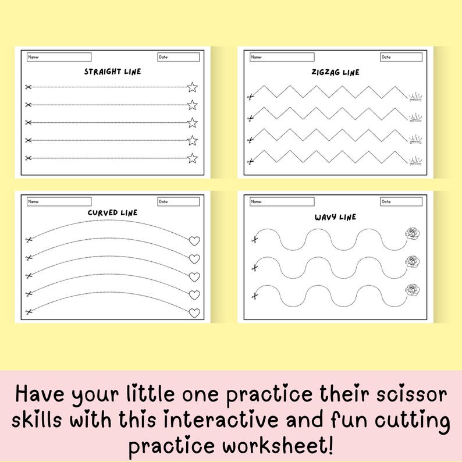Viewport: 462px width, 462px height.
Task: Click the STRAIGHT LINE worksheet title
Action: click(112, 72)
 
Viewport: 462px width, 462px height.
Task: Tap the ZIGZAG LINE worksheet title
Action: click(335, 72)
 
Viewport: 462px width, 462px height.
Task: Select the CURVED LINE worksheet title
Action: click(112, 212)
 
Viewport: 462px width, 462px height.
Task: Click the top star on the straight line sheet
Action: click(192, 87)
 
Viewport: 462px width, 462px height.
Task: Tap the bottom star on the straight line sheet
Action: click(192, 158)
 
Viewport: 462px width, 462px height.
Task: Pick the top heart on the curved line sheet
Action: click(194, 241)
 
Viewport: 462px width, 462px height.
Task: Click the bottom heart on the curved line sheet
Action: click(194, 313)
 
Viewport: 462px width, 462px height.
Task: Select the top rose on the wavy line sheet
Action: click(412, 234)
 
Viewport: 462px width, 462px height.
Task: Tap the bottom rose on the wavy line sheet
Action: click(412, 290)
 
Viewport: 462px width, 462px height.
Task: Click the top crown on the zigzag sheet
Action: click(416, 97)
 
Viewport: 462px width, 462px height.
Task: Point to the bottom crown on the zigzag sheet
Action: click(416, 161)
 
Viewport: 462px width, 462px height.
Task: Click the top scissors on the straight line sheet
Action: click(27, 87)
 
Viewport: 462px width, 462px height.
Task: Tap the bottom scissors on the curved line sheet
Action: click(28, 312)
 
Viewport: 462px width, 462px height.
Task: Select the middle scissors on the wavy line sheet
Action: click(254, 268)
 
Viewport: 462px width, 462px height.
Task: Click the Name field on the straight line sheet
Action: click(59, 57)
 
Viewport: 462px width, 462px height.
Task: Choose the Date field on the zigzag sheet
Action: click(401, 57)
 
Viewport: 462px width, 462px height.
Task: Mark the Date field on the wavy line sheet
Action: click(401, 201)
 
